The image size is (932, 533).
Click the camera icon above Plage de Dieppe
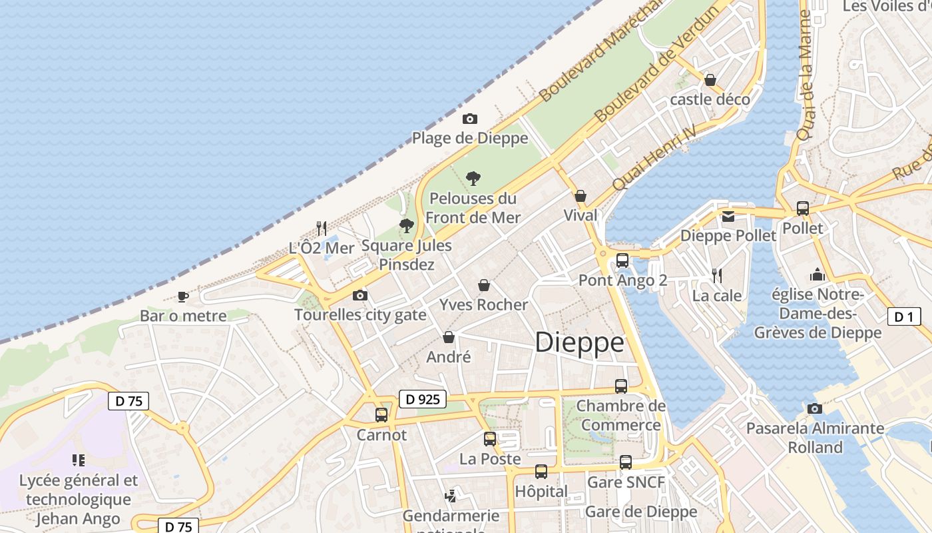point(470,119)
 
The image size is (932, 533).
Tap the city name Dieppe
point(579,342)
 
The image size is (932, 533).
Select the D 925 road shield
point(423,399)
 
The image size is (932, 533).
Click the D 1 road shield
point(903,317)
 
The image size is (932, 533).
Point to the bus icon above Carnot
point(381,414)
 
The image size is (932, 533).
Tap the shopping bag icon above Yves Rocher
point(484,285)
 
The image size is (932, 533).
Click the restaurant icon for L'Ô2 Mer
point(322,228)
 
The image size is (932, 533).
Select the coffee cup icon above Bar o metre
point(183,296)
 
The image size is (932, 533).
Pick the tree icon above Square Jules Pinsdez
point(406,226)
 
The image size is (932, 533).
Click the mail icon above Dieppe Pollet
point(728,216)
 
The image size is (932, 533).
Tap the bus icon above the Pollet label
point(803,208)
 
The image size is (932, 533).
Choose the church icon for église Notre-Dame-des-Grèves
point(817,274)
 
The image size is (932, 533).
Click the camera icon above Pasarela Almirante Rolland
point(815,408)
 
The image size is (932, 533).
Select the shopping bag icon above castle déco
point(710,80)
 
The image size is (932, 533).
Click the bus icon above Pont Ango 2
point(622,260)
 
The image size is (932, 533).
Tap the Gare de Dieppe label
point(640,512)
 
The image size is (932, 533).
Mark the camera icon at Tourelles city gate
point(359,295)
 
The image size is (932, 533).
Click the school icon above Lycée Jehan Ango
point(79,460)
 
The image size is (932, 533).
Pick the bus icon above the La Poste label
point(490,438)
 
